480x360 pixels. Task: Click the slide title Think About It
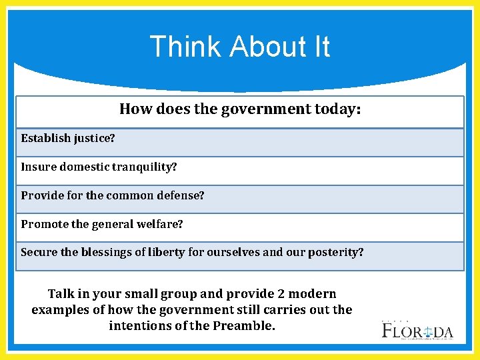(240, 47)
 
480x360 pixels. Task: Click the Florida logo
(417, 329)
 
